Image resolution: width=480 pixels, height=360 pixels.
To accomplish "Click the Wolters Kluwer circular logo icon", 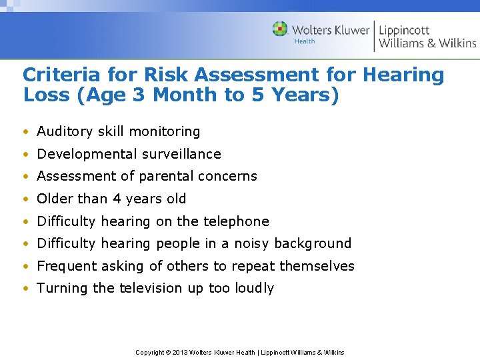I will coord(280,29).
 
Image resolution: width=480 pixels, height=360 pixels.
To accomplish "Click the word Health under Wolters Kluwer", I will coord(304,41).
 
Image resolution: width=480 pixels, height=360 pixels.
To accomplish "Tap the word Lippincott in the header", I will coord(404,29).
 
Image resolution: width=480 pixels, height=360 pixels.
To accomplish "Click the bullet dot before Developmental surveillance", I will coord(25,155).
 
